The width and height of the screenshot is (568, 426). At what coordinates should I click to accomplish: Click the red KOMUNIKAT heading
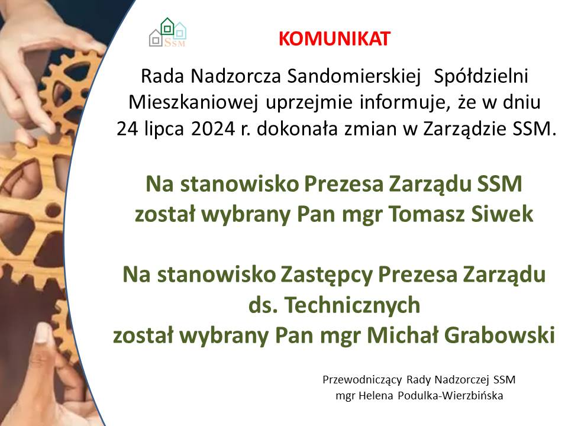pos(334,39)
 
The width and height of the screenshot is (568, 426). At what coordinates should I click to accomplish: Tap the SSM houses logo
pos(167,32)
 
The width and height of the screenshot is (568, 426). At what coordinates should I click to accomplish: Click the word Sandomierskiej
pos(354,76)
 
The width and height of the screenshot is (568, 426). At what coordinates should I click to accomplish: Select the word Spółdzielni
pos(480,76)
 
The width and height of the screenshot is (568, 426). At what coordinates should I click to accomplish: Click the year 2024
pos(214,128)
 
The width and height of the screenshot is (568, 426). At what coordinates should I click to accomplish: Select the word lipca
pos(164,130)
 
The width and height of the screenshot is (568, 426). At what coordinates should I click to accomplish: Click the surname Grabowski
pos(499,335)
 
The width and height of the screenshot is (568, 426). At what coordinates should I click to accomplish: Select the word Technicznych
pos(353,305)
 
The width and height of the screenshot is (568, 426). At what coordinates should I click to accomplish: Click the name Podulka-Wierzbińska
pos(450,395)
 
